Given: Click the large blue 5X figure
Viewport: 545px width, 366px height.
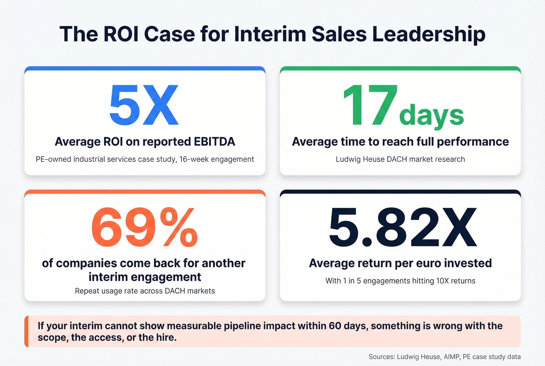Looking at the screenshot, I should (144, 105).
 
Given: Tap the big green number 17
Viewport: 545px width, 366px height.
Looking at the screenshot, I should (369, 105).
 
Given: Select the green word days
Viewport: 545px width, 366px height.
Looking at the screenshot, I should (431, 115).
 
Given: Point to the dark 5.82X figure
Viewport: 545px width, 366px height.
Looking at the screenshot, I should (403, 228).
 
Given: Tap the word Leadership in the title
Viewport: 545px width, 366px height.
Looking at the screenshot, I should (429, 34).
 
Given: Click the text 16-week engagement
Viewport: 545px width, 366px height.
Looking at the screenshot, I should (216, 159).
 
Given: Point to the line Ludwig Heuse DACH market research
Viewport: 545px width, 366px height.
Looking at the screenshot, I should (400, 159).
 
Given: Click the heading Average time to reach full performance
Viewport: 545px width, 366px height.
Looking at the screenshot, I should (400, 141).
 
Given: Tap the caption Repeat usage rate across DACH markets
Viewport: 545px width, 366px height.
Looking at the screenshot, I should (145, 291).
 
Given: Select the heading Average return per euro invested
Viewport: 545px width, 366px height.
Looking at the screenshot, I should (400, 263).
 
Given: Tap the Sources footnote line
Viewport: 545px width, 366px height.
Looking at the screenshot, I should (444, 357).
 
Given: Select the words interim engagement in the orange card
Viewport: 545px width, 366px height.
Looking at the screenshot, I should (145, 277).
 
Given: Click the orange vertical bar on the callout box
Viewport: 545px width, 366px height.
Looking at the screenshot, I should (26, 331).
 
